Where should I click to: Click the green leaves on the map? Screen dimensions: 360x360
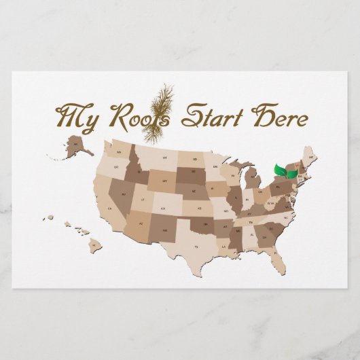click(285, 173)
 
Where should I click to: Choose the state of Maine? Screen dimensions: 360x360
click(309, 157)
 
